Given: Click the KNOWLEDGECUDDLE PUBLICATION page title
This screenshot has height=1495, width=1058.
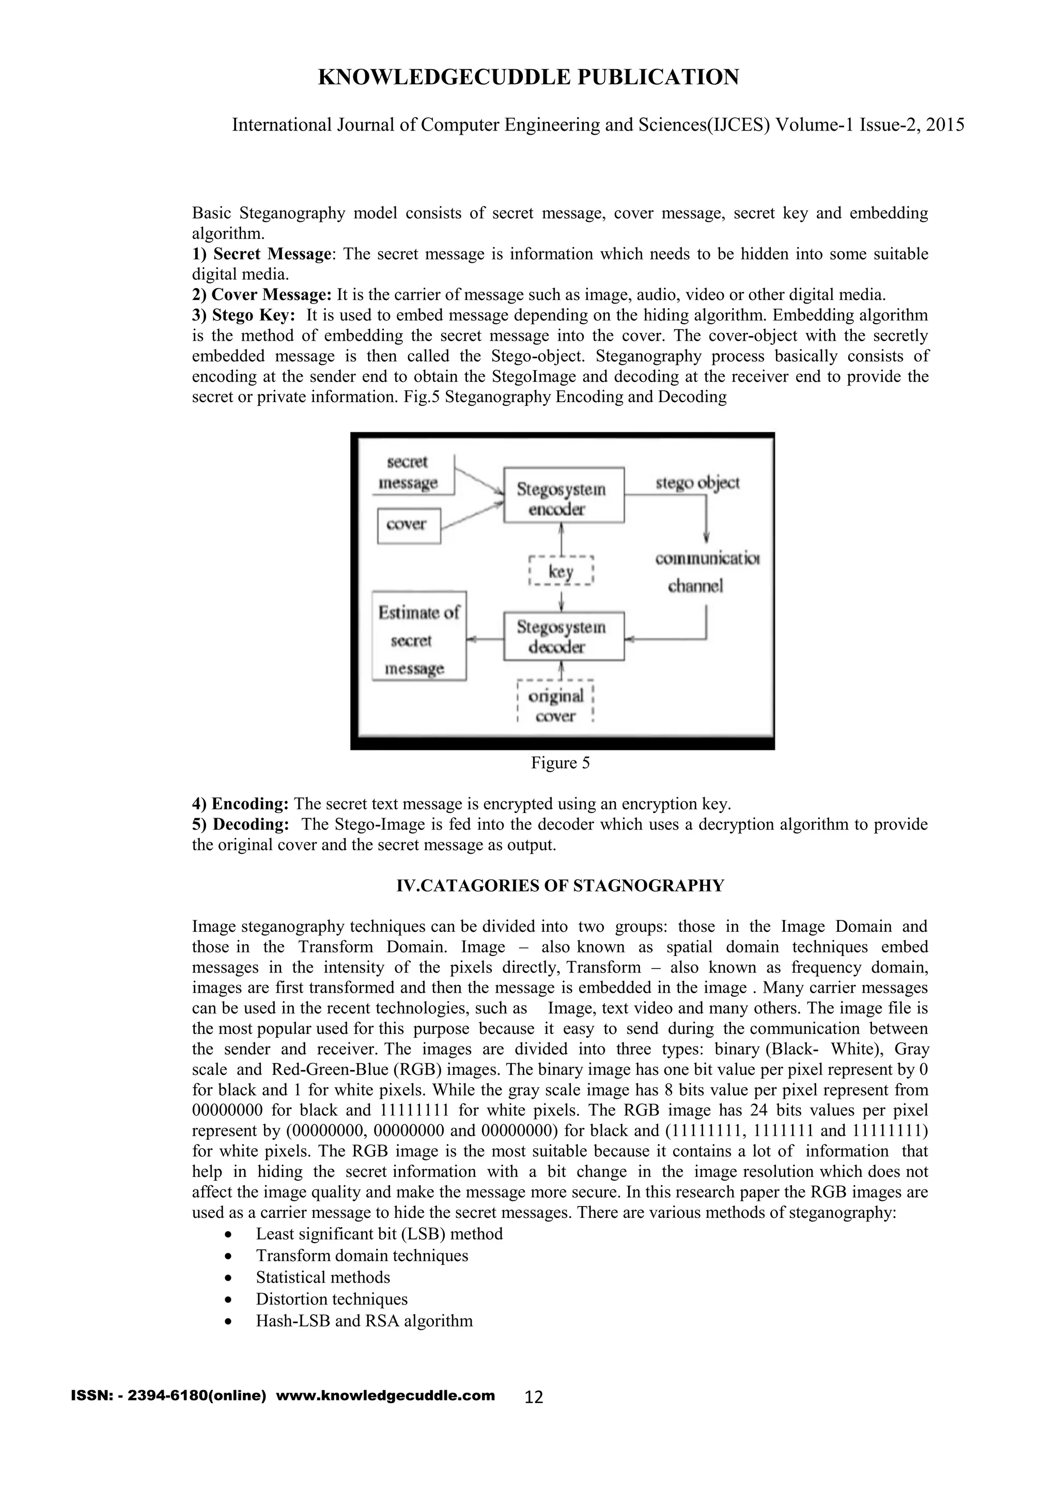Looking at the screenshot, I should click(x=528, y=77).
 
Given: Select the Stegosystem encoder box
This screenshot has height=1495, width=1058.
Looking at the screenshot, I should click(x=563, y=495).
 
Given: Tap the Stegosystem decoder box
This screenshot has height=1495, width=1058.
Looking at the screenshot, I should click(x=563, y=637).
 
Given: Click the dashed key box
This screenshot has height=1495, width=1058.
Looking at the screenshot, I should click(x=561, y=571).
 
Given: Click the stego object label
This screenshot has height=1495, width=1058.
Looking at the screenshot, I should click(x=697, y=483).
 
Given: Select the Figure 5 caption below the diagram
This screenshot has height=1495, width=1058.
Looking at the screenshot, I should click(x=561, y=763).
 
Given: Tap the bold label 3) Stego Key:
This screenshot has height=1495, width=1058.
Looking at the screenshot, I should click(x=244, y=315).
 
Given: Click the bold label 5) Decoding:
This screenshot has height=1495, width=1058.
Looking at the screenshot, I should click(x=240, y=824).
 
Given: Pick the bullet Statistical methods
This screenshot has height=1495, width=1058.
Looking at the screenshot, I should click(x=322, y=1278).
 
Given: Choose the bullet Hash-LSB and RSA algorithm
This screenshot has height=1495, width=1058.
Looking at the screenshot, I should click(x=364, y=1321).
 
